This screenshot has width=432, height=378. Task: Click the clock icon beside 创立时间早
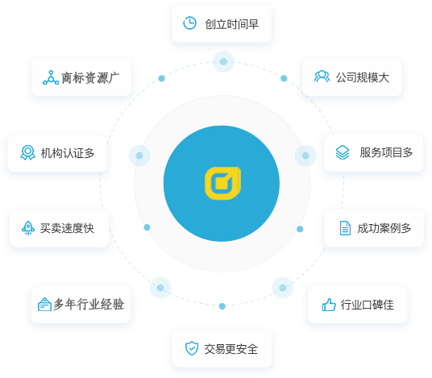(190, 23)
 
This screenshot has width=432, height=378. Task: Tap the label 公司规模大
(363, 77)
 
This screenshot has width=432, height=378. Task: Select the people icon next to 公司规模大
(322, 77)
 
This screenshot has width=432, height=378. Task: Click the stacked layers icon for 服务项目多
(343, 152)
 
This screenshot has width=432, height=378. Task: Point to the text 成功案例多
(384, 228)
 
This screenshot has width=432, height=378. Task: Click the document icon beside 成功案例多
(345, 228)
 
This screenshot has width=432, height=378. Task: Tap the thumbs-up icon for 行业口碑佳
(329, 305)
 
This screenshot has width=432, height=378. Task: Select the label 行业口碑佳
(367, 305)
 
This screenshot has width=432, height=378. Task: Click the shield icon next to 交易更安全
(192, 348)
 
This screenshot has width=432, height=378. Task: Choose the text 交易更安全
(231, 349)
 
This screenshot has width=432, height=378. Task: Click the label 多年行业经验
(89, 304)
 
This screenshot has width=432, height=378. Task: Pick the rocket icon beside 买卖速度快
(28, 228)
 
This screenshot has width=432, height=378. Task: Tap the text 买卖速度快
(67, 228)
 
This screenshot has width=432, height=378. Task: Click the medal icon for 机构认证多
(28, 152)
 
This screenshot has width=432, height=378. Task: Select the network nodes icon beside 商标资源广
(51, 77)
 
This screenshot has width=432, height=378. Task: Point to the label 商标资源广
(90, 77)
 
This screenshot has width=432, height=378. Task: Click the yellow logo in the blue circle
(222, 183)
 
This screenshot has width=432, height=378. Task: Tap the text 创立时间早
(231, 24)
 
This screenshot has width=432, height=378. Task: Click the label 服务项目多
(386, 152)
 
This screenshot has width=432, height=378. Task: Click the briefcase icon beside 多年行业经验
(44, 304)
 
